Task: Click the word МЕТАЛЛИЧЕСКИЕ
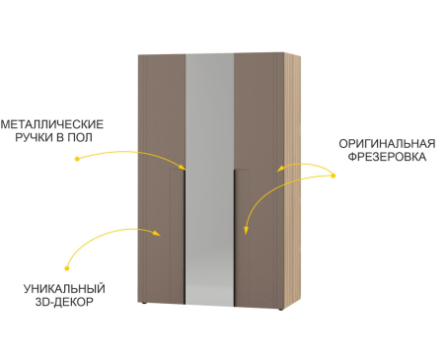(x=52, y=124)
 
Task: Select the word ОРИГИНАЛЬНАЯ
(x=387, y=144)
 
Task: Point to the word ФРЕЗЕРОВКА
(x=387, y=157)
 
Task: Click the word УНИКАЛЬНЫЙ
(x=64, y=289)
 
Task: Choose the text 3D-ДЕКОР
(x=64, y=302)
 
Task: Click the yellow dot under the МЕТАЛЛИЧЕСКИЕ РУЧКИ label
(x=77, y=159)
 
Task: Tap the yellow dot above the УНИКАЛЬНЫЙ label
(x=67, y=268)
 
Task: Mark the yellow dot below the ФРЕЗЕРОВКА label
(x=333, y=176)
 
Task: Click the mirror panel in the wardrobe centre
(x=210, y=180)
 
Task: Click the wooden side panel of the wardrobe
(x=292, y=180)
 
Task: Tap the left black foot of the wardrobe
(x=143, y=303)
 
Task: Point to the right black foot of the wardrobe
(x=280, y=310)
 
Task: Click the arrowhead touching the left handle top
(x=183, y=167)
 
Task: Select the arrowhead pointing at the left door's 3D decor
(x=157, y=233)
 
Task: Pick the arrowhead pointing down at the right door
(x=246, y=230)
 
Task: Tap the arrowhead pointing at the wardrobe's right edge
(x=280, y=169)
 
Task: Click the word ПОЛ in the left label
(x=80, y=137)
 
